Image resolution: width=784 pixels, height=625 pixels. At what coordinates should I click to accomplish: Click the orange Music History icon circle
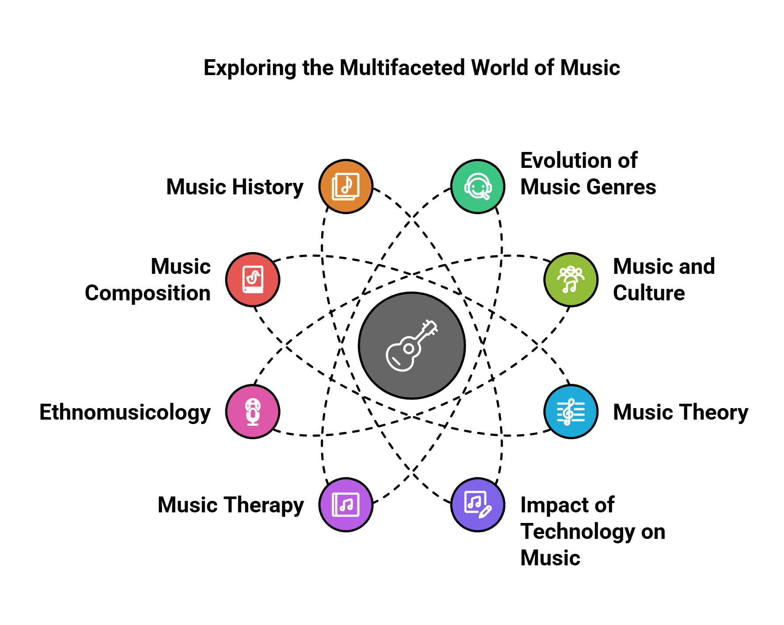[346, 186]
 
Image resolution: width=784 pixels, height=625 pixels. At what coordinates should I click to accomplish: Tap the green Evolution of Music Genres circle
[477, 186]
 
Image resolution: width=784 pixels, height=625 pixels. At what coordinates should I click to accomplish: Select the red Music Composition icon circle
[253, 280]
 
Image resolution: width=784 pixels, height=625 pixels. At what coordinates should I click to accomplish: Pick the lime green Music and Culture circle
[571, 280]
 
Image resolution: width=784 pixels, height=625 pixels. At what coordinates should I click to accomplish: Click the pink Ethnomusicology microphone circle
[253, 411]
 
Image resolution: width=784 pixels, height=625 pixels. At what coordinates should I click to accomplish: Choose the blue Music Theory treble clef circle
[571, 411]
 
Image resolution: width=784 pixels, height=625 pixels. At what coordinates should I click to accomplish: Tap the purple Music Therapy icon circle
[346, 504]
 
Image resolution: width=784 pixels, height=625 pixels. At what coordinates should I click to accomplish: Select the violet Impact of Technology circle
[477, 504]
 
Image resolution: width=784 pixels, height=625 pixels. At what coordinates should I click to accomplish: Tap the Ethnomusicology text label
[125, 412]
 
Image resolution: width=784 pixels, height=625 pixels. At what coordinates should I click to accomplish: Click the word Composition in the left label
[148, 293]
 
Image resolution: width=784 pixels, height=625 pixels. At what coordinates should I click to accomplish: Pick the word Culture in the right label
[648, 293]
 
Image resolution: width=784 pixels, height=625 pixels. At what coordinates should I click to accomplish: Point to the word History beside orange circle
[268, 187]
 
